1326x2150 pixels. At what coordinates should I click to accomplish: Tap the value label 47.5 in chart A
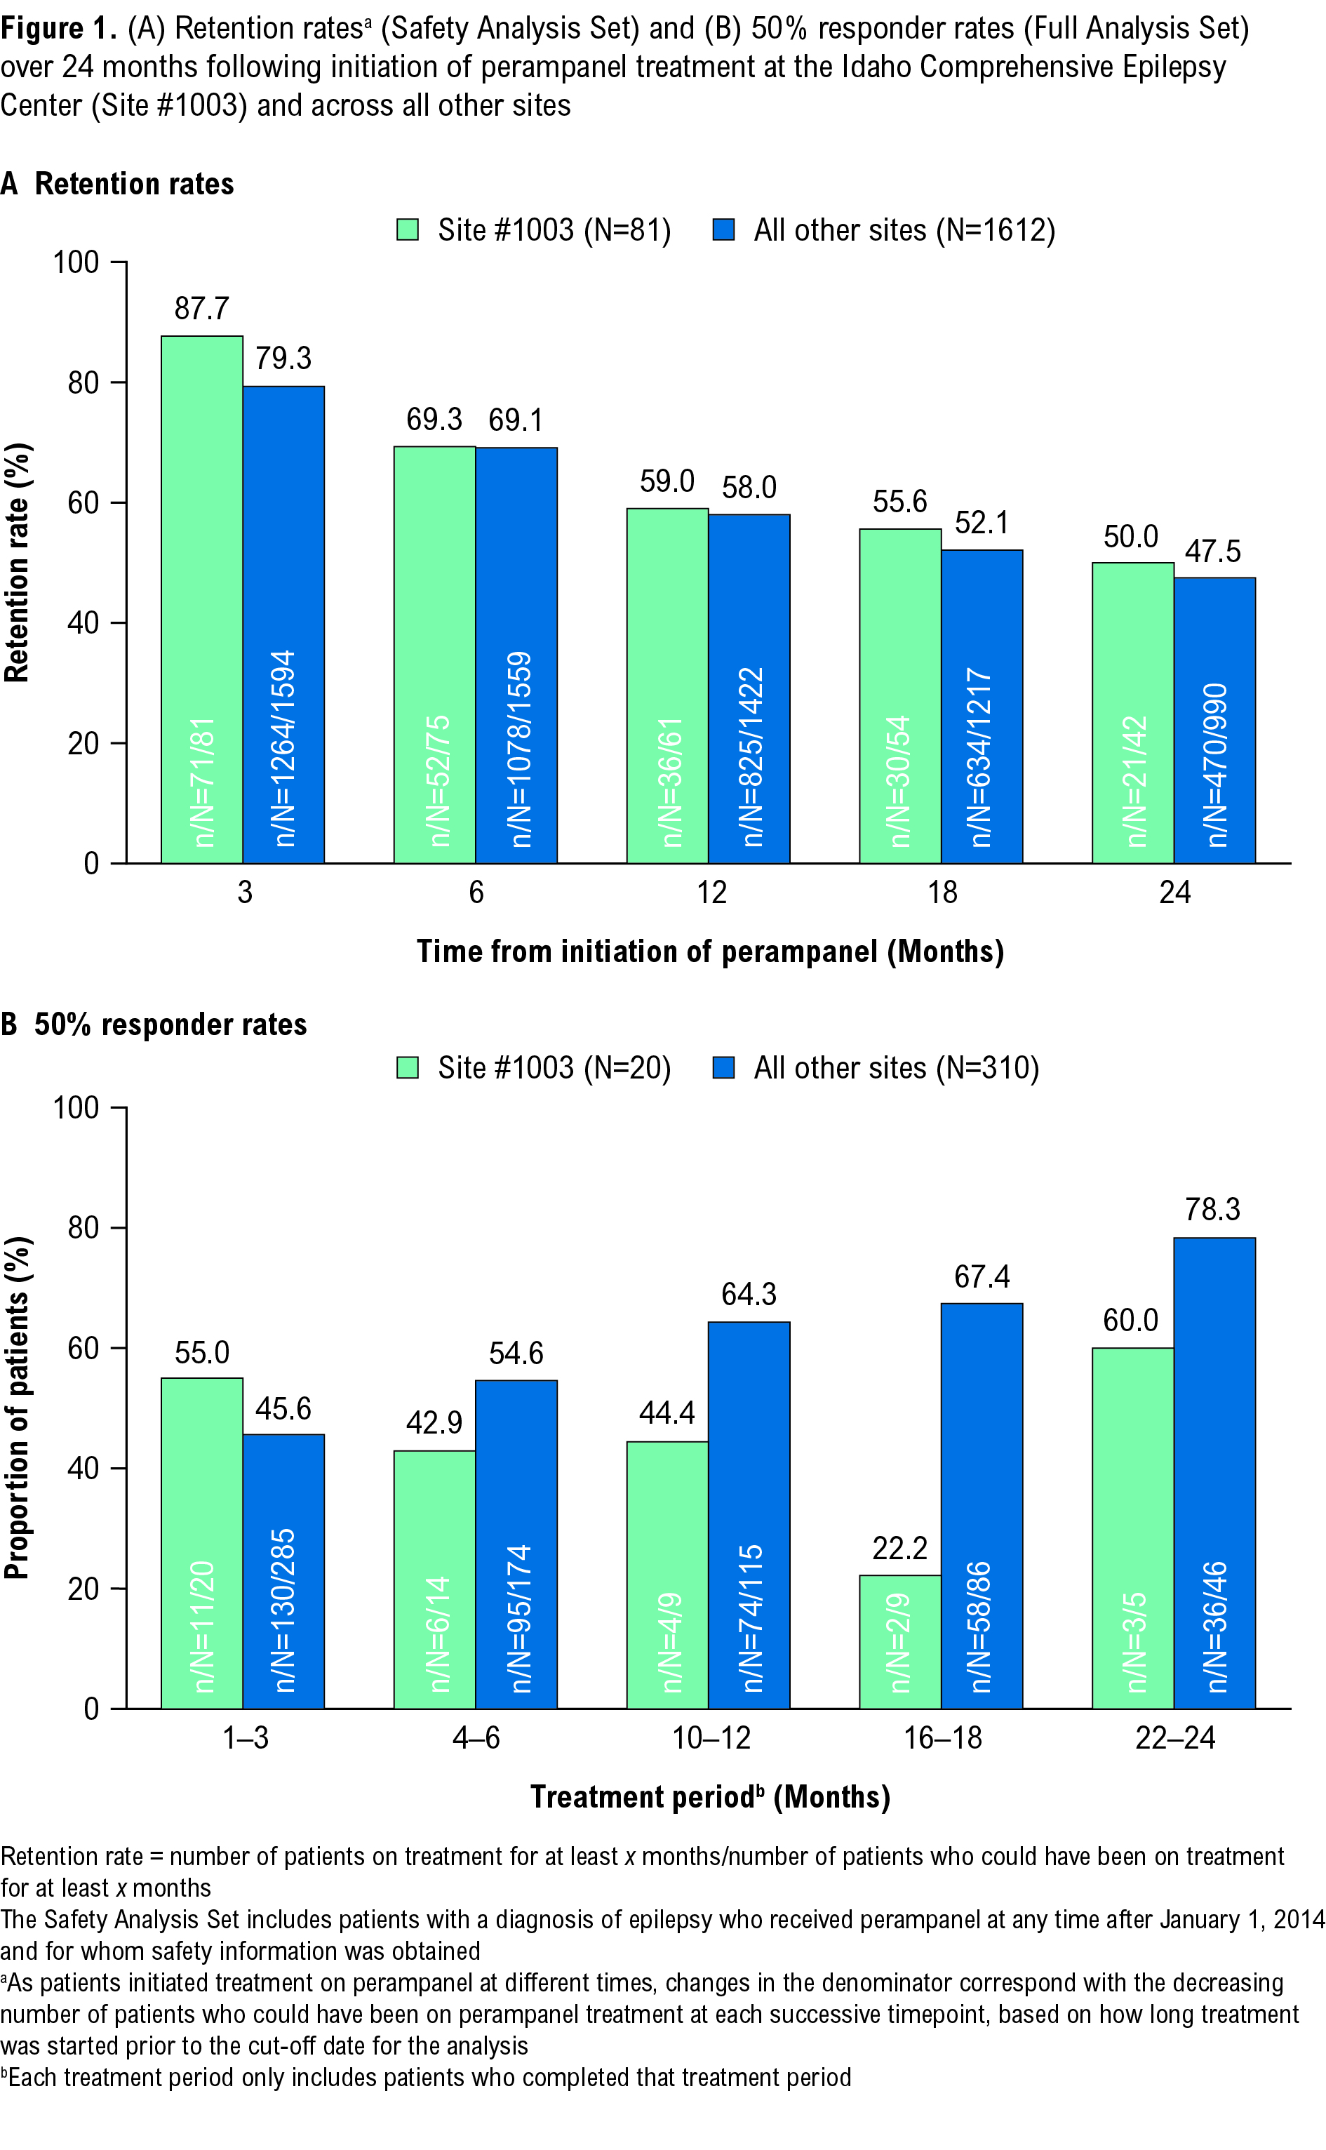pos(1213,552)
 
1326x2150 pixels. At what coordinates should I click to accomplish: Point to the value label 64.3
pos(749,1294)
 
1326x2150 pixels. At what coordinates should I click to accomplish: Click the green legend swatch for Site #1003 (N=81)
pos(408,229)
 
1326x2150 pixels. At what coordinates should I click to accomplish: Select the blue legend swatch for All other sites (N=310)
pos(723,1067)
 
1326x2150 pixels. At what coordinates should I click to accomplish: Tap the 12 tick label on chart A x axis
pos(711,893)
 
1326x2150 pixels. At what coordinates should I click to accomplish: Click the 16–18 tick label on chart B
pos(943,1738)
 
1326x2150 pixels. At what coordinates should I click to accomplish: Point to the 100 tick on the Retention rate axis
pos(76,262)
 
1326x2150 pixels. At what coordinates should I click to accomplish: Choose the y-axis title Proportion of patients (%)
pos(18,1408)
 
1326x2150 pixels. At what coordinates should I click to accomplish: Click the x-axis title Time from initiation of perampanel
pos(709,952)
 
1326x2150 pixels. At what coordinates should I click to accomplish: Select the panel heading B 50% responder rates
pos(154,1024)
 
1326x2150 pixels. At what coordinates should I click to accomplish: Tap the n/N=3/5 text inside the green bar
pos(1135,1641)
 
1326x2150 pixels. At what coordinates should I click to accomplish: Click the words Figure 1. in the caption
pos(58,28)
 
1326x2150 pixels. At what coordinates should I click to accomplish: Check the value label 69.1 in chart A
pos(516,420)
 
